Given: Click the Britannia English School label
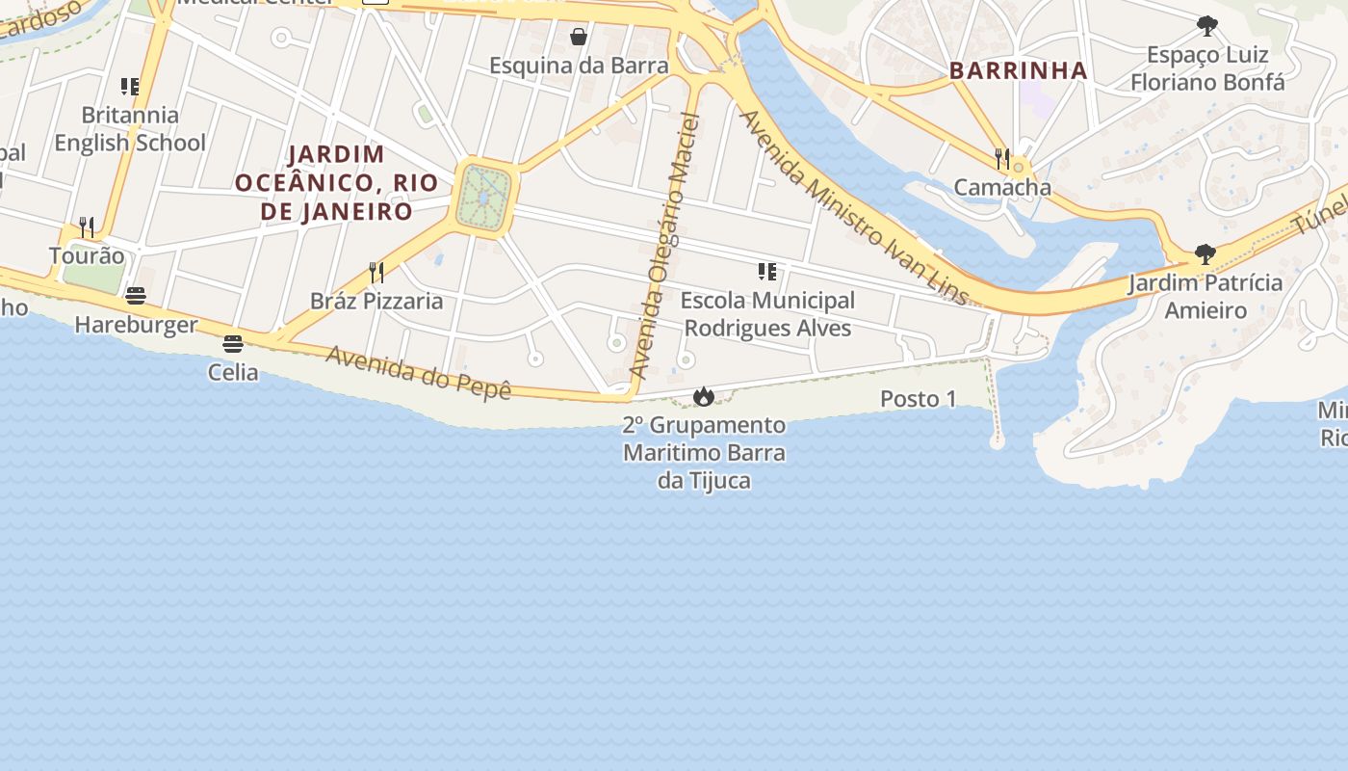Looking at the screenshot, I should [129, 129].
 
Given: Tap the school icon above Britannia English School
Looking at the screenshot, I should [130, 87].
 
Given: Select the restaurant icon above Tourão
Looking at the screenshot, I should [87, 227].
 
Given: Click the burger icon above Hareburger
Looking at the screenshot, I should [136, 296].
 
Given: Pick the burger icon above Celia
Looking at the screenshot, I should [232, 343].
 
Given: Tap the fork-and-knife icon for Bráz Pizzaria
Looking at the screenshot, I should [376, 273].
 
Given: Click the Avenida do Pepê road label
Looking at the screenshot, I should [418, 372].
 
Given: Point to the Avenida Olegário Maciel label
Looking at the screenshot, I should [663, 246].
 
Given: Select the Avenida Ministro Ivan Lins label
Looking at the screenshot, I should [852, 206].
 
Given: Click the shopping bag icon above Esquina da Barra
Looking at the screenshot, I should [579, 37].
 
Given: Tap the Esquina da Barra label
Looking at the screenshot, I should [579, 66].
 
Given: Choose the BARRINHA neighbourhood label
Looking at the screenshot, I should [1018, 70].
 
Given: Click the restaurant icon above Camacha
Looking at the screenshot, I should [1002, 158].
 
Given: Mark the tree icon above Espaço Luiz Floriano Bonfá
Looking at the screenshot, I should [1206, 26].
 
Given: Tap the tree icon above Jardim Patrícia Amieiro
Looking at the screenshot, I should [1205, 254].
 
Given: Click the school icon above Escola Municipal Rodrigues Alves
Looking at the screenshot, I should [767, 272].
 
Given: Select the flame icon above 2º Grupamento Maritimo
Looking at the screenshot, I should [704, 396].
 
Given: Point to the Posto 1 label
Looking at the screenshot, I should [919, 399].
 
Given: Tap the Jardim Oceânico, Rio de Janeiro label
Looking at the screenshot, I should [336, 182].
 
